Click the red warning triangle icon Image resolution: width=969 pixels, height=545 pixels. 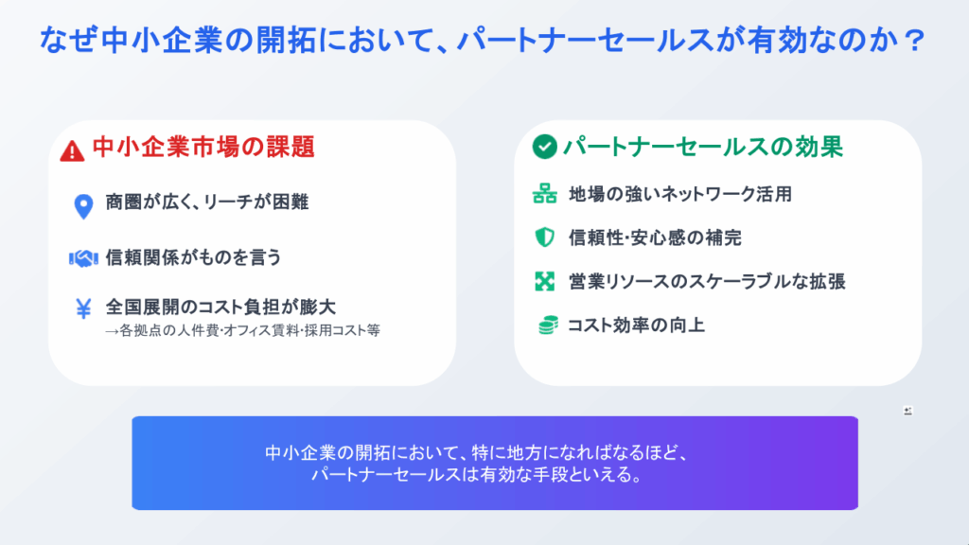72,150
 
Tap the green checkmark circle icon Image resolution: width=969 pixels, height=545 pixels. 544,147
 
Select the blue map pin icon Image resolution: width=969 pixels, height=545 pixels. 83,206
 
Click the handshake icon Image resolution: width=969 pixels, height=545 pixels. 83,257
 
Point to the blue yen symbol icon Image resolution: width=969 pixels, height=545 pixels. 83,308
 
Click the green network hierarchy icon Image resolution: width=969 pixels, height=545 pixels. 544,194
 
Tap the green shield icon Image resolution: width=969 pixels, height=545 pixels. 544,237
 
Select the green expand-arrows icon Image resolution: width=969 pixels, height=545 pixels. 544,281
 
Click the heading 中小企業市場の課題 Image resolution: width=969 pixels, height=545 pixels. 204,147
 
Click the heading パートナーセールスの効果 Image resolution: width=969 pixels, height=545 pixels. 703,147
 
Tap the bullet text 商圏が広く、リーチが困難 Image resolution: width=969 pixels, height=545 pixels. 207,202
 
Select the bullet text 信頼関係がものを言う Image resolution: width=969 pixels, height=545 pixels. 193,257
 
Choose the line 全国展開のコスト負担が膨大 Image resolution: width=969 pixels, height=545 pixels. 220,307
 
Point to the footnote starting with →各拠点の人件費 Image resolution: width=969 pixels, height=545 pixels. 242,330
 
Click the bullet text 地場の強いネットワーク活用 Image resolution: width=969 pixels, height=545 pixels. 680,194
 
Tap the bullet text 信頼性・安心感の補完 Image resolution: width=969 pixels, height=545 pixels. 655,237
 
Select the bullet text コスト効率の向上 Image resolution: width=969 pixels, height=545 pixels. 636,325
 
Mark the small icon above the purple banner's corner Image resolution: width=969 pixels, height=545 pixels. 907,411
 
